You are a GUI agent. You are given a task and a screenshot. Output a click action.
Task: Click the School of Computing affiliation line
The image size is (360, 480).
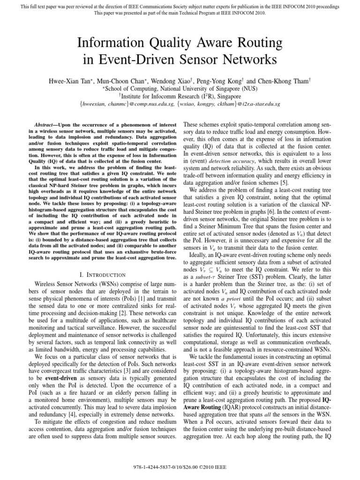180,88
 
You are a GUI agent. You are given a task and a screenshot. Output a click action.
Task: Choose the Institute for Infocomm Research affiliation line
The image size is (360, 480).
180,96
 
